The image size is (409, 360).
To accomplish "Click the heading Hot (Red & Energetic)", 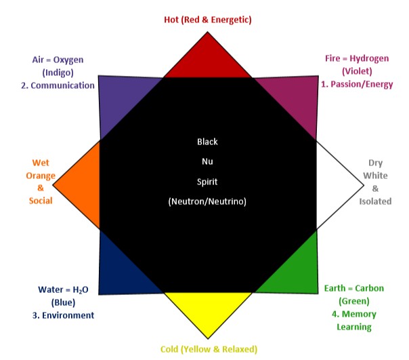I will [x=208, y=20].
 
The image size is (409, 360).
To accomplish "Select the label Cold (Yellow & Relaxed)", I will [x=209, y=349].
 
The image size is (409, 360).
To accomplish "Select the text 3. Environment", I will [x=66, y=315].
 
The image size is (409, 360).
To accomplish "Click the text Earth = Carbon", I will [x=354, y=289].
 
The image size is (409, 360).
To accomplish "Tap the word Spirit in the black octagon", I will [x=208, y=182].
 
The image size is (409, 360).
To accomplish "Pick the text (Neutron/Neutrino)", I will [x=208, y=202].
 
